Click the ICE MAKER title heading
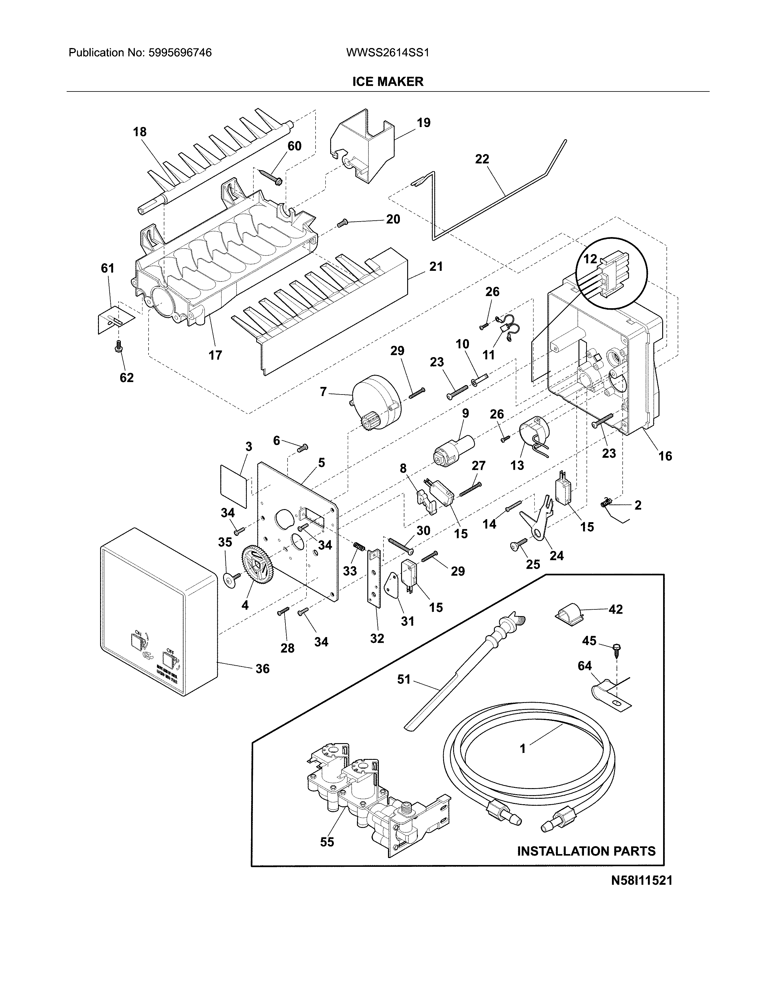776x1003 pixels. click(387, 82)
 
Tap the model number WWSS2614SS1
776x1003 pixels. click(387, 53)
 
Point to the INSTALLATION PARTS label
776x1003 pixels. click(586, 851)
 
